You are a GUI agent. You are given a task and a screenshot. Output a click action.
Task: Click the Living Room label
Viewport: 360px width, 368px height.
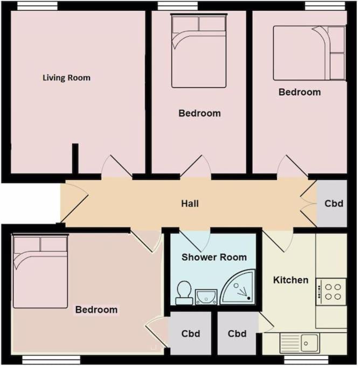(66, 78)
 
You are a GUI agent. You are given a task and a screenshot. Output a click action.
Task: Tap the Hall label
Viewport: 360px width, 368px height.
(190, 204)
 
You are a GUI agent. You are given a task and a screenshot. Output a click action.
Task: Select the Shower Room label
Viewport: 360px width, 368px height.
(214, 257)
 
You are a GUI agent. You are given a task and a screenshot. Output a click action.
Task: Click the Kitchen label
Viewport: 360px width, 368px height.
(291, 280)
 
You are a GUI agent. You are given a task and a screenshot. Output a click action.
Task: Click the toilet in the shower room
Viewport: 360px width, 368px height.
(184, 293)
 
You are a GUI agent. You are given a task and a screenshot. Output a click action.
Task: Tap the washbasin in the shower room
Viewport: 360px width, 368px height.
(206, 297)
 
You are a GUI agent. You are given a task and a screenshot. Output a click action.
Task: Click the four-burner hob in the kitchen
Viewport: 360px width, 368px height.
(331, 291)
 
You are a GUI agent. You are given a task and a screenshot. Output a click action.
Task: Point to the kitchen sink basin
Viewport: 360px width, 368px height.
(309, 343)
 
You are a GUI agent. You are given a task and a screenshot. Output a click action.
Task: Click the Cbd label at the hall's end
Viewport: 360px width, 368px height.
(334, 204)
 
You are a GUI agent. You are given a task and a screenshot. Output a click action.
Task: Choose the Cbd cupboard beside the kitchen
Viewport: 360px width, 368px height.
(237, 334)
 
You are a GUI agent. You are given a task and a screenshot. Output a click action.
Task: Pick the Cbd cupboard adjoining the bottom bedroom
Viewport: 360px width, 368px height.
(191, 334)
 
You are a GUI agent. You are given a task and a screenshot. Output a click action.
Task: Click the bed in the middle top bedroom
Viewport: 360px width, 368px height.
(199, 51)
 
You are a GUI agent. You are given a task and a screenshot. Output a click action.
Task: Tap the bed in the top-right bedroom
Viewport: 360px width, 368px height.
(309, 53)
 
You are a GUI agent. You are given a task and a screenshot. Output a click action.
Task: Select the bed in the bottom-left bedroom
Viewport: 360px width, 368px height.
(40, 272)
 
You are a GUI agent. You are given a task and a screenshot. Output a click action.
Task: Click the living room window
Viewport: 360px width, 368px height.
(37, 6)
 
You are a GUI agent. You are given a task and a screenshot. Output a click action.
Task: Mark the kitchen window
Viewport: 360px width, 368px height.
(306, 359)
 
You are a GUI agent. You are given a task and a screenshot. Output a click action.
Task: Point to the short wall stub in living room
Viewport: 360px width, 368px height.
(75, 158)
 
